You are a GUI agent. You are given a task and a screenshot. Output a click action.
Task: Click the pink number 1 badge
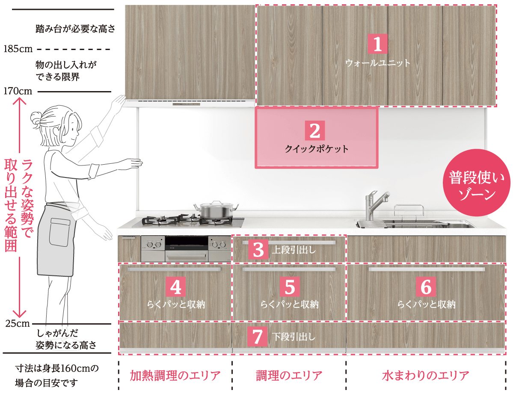coord(377,44)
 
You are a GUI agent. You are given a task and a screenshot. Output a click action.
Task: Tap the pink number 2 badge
coord(315,130)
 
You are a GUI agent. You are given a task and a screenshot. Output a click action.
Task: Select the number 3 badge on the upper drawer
coord(258,250)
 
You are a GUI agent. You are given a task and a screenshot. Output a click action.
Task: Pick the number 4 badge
coord(176,287)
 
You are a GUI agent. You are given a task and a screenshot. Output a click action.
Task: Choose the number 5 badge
coord(290,287)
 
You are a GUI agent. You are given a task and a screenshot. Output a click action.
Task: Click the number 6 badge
coord(426,287)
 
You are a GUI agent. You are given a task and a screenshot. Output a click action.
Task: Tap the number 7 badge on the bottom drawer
coord(258,337)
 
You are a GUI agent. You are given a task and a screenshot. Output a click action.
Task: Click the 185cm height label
coord(18,49)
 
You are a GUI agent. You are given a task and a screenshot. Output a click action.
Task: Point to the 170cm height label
coord(18,91)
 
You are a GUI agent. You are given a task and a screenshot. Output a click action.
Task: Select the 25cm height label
coord(18,324)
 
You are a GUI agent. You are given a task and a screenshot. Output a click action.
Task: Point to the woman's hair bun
coord(36,118)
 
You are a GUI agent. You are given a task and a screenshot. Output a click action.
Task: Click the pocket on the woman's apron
coord(59,232)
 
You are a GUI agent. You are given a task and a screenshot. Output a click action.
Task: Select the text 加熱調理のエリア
coord(175,375)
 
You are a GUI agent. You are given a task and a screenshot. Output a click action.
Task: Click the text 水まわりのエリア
coord(425,375)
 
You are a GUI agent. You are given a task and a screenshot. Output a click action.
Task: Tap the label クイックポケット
coord(316,149)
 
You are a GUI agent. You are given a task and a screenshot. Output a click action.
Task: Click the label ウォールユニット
coord(377,63)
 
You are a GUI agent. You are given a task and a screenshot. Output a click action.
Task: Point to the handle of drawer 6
coord(427,269)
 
